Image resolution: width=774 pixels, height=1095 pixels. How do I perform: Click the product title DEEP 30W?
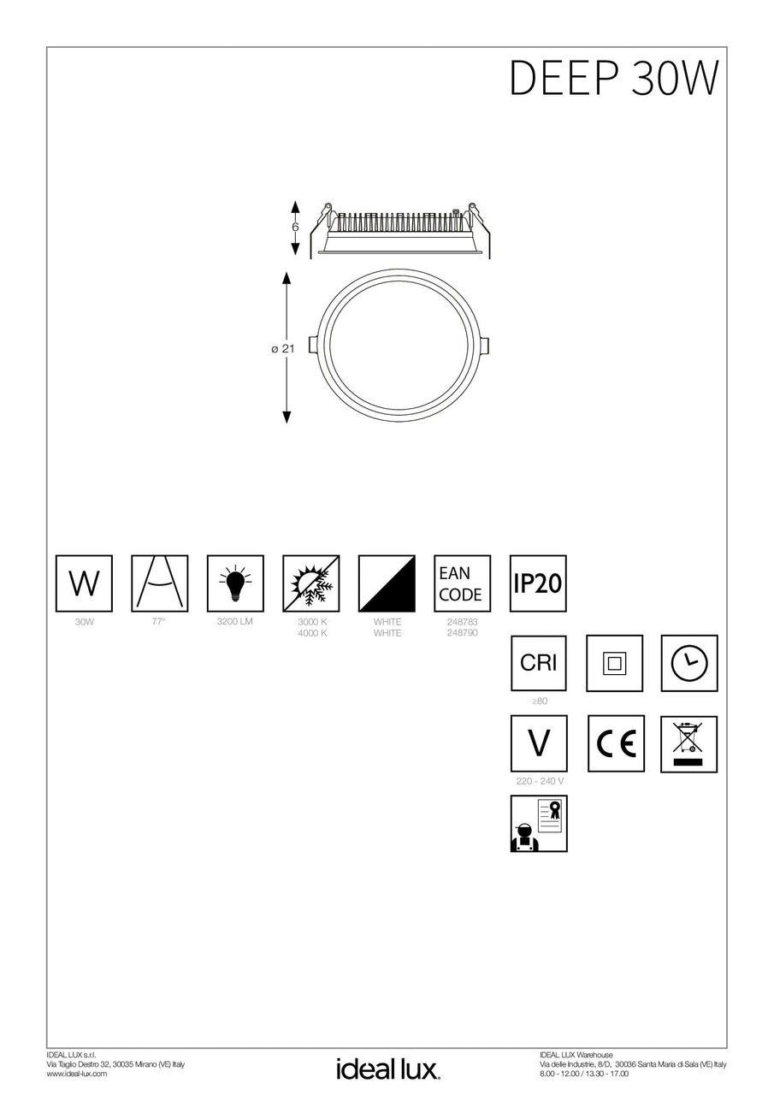(x=613, y=79)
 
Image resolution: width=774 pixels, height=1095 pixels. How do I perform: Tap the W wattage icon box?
(x=84, y=583)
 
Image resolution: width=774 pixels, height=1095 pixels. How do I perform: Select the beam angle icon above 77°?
(x=159, y=583)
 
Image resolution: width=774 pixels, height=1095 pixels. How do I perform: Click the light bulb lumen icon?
(x=235, y=583)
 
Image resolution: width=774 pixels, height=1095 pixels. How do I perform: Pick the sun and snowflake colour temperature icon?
(x=310, y=583)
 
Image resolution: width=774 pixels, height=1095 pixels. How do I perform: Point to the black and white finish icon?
(x=387, y=583)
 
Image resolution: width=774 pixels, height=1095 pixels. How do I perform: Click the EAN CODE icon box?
(x=462, y=583)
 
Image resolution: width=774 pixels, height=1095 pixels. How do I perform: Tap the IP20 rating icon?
(x=538, y=583)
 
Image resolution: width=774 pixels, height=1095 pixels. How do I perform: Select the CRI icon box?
(x=538, y=663)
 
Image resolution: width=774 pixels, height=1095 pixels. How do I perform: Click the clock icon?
(x=689, y=663)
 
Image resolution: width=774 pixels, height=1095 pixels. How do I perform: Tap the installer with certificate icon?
(x=538, y=824)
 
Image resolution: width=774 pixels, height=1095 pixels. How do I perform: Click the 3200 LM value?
(x=235, y=622)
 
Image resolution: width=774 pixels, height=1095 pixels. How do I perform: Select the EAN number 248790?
(x=462, y=633)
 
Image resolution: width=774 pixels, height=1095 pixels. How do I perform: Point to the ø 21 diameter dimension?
(x=282, y=348)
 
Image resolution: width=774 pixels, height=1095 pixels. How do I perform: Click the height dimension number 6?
(x=295, y=228)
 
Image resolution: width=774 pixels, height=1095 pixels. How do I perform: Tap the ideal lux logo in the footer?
(x=387, y=1068)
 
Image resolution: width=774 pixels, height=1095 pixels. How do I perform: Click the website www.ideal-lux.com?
(x=77, y=1074)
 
